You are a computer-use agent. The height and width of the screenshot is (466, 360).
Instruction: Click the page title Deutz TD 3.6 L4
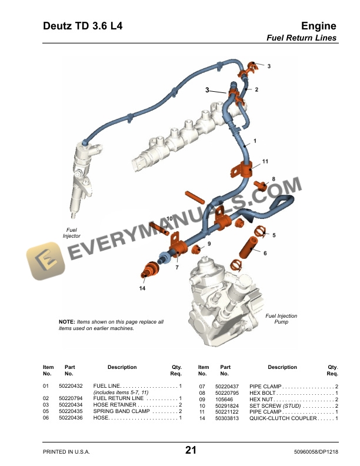click(82, 26)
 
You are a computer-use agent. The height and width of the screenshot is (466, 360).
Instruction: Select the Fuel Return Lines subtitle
click(302, 38)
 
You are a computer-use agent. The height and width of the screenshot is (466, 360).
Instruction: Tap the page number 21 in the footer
click(191, 451)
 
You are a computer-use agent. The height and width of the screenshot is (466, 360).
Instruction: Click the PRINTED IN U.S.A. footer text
click(67, 452)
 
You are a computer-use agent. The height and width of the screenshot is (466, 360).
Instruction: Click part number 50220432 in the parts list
click(71, 386)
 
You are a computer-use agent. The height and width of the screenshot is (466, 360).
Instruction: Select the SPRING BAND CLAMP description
click(119, 411)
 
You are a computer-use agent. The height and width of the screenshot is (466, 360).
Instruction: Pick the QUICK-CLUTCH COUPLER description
click(282, 418)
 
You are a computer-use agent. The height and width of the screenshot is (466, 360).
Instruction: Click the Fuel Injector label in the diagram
click(72, 232)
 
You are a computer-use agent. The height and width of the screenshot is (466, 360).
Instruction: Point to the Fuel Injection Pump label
click(281, 319)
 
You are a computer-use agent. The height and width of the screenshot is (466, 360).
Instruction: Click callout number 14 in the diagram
click(142, 289)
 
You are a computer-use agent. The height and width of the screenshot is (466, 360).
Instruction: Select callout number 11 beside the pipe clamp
click(265, 161)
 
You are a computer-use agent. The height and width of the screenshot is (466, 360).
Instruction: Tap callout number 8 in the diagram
click(273, 178)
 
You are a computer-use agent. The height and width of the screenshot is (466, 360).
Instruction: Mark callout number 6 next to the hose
click(265, 254)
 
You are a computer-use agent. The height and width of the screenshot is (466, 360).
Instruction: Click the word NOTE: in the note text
click(67, 322)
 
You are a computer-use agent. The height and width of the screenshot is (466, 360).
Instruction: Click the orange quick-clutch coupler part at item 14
click(148, 272)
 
